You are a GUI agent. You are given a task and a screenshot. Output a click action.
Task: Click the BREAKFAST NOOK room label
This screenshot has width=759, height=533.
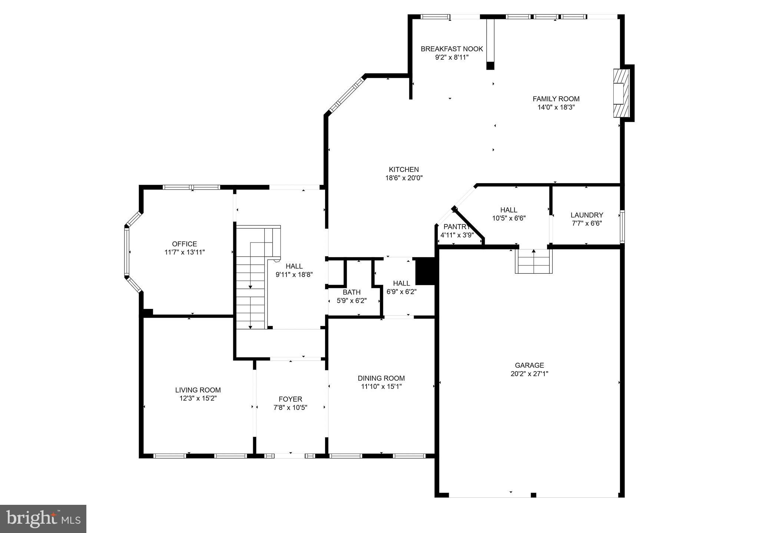coord(451,49)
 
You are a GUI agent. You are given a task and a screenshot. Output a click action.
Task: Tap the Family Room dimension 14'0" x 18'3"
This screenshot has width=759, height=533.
coord(556,108)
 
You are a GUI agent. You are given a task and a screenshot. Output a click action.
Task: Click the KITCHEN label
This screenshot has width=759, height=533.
coord(404,170)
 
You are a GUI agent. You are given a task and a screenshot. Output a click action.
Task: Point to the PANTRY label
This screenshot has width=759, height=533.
coord(456,227)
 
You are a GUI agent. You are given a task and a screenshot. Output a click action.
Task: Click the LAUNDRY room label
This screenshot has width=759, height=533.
coord(587,215)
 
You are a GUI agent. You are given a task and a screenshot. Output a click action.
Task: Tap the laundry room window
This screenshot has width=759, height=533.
coord(622,227)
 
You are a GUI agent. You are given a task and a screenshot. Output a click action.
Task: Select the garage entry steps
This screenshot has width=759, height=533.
coord(533,261)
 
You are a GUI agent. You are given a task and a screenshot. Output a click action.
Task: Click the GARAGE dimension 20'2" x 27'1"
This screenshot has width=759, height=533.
coord(529,374)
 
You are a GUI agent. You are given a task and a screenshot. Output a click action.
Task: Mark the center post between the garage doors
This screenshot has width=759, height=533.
coord(533,495)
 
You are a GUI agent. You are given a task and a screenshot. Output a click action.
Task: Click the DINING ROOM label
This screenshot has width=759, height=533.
coord(381,378)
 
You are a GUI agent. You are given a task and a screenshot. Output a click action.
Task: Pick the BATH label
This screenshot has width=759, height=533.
coord(351,292)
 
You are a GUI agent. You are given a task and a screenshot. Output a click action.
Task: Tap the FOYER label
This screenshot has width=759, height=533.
coord(290,399)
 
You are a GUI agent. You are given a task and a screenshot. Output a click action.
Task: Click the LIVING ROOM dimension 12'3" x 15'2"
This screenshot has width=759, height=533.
coord(198,398)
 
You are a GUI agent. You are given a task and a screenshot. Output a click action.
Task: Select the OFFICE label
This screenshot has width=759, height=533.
coord(184,244)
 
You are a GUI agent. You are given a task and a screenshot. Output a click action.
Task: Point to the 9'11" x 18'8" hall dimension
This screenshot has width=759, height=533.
coord(294,275)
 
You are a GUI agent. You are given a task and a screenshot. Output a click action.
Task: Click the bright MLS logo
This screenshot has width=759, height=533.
coord(43,519)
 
